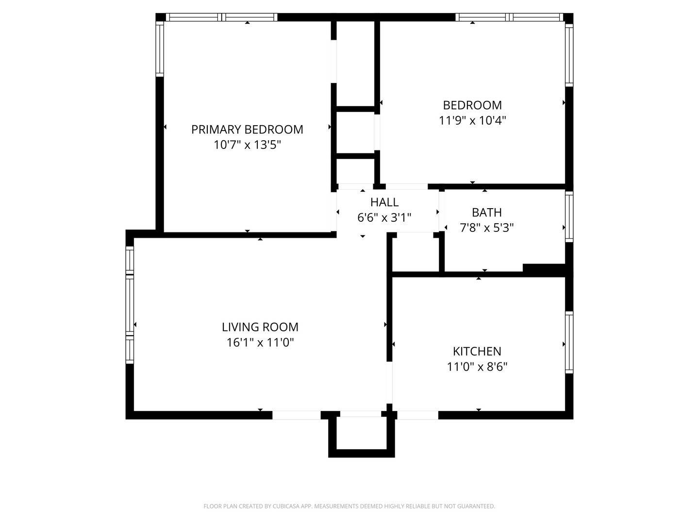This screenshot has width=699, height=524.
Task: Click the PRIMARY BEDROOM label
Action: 247,130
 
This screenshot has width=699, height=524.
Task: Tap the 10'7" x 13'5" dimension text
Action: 247,145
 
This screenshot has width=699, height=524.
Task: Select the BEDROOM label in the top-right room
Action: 472,105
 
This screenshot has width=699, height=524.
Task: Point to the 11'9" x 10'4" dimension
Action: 472,120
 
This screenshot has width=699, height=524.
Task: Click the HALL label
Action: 384,202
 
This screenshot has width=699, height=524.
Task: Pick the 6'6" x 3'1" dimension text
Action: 384,217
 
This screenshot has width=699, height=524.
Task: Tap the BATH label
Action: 486,213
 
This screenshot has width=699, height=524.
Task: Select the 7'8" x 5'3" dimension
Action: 486,228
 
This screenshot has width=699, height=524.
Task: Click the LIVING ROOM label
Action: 260,327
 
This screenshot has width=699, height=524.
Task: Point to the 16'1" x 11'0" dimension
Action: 260,343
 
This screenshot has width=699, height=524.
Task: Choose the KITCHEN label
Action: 477,351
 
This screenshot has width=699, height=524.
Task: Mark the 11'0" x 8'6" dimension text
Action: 477,366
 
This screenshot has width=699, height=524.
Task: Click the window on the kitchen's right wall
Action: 569,343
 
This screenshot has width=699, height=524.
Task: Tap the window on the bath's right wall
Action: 569,216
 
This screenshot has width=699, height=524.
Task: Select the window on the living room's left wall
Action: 130,305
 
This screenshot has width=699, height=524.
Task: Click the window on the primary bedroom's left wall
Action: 159,49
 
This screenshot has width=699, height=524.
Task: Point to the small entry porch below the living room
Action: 361,433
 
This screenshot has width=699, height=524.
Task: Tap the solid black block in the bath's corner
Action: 544,269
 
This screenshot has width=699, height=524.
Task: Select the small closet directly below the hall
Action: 416,252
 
